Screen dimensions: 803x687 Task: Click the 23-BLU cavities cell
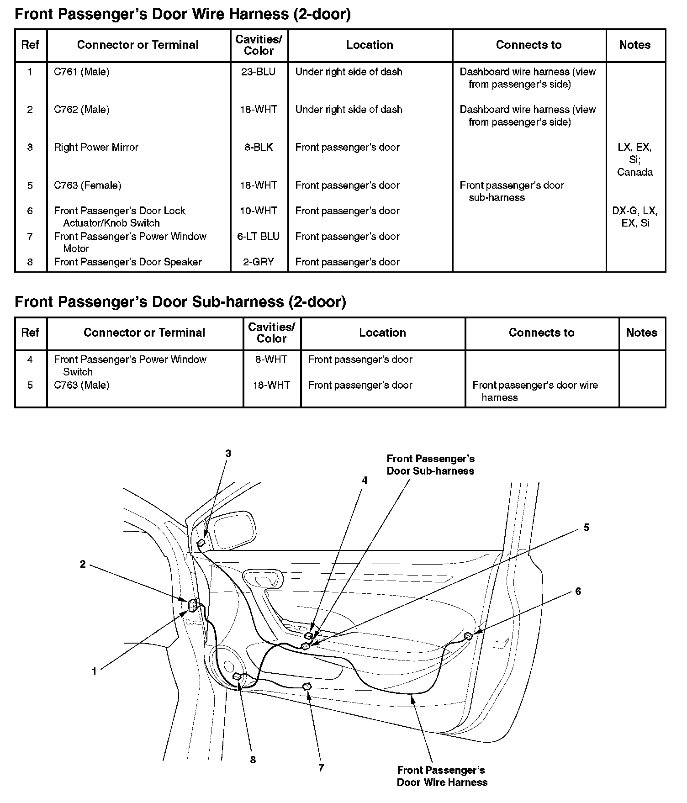(x=259, y=72)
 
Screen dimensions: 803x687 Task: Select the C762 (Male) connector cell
(x=82, y=110)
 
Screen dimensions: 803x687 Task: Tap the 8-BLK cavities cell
(x=259, y=147)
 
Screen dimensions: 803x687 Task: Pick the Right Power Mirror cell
(x=96, y=147)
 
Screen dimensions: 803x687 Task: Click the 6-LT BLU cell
(x=259, y=236)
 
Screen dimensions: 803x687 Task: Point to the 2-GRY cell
(x=259, y=262)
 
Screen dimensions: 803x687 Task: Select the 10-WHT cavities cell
(x=259, y=211)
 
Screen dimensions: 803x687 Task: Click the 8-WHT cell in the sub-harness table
(x=271, y=359)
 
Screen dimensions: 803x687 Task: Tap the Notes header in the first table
(x=635, y=45)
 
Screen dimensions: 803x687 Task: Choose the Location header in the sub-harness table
(x=382, y=333)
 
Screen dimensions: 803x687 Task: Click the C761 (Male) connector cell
(x=82, y=72)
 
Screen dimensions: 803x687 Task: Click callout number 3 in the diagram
(x=228, y=454)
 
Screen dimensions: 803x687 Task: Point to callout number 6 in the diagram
(x=578, y=592)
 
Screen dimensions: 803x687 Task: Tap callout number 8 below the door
(x=253, y=760)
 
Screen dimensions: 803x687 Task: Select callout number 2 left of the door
(x=83, y=564)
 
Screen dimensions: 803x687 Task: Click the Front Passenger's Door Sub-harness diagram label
(x=430, y=465)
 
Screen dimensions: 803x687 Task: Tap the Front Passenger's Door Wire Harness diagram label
(x=442, y=776)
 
